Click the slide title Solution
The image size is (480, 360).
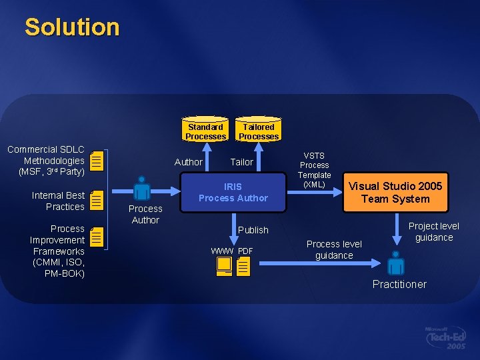[x=72, y=27]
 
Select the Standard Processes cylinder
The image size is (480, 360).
[x=205, y=131]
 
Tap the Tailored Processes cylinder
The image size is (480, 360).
[x=259, y=131]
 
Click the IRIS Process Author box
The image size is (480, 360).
[x=233, y=192]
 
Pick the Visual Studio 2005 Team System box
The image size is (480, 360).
[x=396, y=193]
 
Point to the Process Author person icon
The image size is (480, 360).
[x=141, y=188]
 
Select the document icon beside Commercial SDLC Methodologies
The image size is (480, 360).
[x=97, y=160]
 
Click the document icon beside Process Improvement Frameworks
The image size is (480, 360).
[x=97, y=237]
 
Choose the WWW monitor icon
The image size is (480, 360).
[x=223, y=266]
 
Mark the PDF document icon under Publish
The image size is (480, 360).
[x=243, y=267]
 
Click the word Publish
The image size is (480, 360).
[x=253, y=230]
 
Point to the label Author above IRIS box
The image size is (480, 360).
[x=188, y=162]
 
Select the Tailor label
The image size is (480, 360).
[x=241, y=162]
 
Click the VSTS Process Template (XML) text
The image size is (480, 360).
[x=315, y=170]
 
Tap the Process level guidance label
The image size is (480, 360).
[x=334, y=249]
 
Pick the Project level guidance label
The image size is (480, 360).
[x=433, y=231]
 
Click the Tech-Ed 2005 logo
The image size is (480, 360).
[x=446, y=338]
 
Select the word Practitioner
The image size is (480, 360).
[x=399, y=285]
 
